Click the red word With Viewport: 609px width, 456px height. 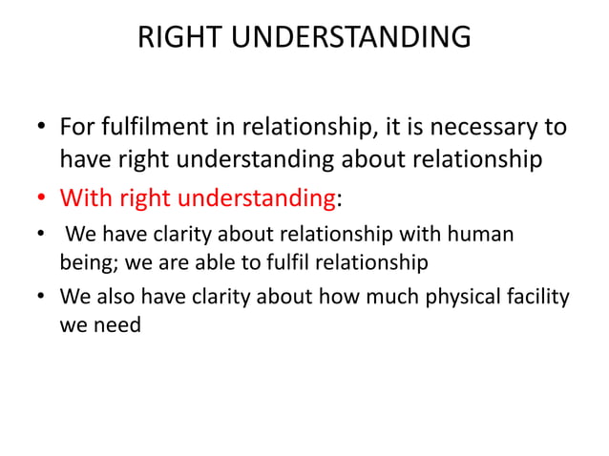tap(88, 199)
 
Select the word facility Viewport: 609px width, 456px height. tap(535, 297)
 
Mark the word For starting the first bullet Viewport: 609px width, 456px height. tap(78, 127)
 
